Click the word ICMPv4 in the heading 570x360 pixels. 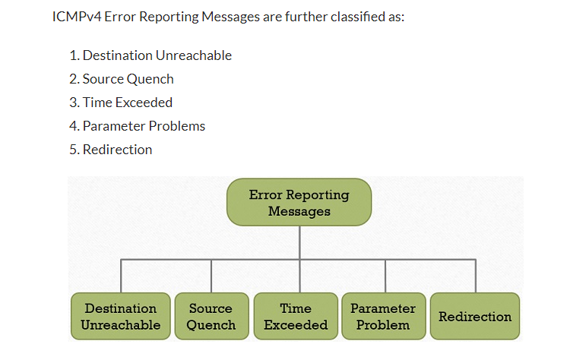point(77,17)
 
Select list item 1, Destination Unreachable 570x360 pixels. point(150,55)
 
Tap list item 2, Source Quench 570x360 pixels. point(122,79)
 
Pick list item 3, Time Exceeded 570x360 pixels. point(121,103)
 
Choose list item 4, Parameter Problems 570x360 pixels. point(137,126)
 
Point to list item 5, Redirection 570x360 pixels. point(110,150)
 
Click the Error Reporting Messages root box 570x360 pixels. point(299,202)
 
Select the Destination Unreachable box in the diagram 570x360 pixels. point(121,317)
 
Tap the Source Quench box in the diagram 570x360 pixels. point(211,317)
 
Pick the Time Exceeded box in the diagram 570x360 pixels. point(296,317)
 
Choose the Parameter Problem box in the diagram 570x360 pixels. point(384,317)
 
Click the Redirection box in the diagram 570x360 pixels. point(475,317)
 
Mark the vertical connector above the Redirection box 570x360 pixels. point(476,276)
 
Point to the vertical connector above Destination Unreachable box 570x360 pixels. point(121,276)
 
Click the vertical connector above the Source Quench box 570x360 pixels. point(211,276)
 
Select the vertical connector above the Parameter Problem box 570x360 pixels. point(385,276)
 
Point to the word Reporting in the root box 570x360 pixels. point(318,195)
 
